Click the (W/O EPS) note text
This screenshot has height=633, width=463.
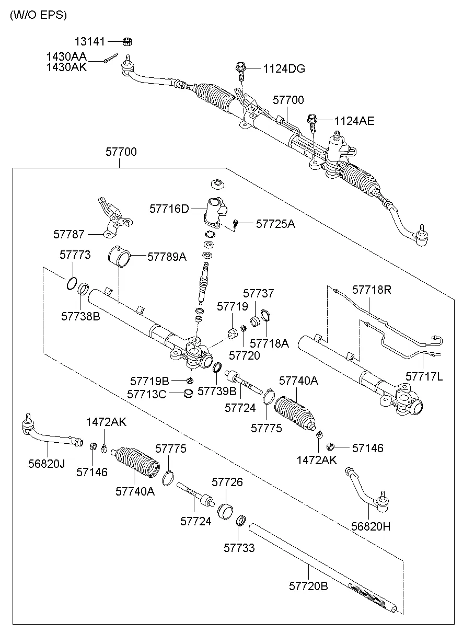[38, 15]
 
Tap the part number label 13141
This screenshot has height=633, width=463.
[89, 41]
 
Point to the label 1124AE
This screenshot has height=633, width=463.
[354, 121]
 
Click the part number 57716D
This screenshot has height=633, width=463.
[169, 209]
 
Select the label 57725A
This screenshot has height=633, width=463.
[275, 224]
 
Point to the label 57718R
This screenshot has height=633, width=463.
[371, 290]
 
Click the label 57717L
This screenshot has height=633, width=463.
[424, 376]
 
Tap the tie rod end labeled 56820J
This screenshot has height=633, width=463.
[50, 434]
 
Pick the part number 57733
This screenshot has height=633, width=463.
[239, 548]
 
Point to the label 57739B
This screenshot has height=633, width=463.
[217, 391]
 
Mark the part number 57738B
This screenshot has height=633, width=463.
[80, 316]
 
